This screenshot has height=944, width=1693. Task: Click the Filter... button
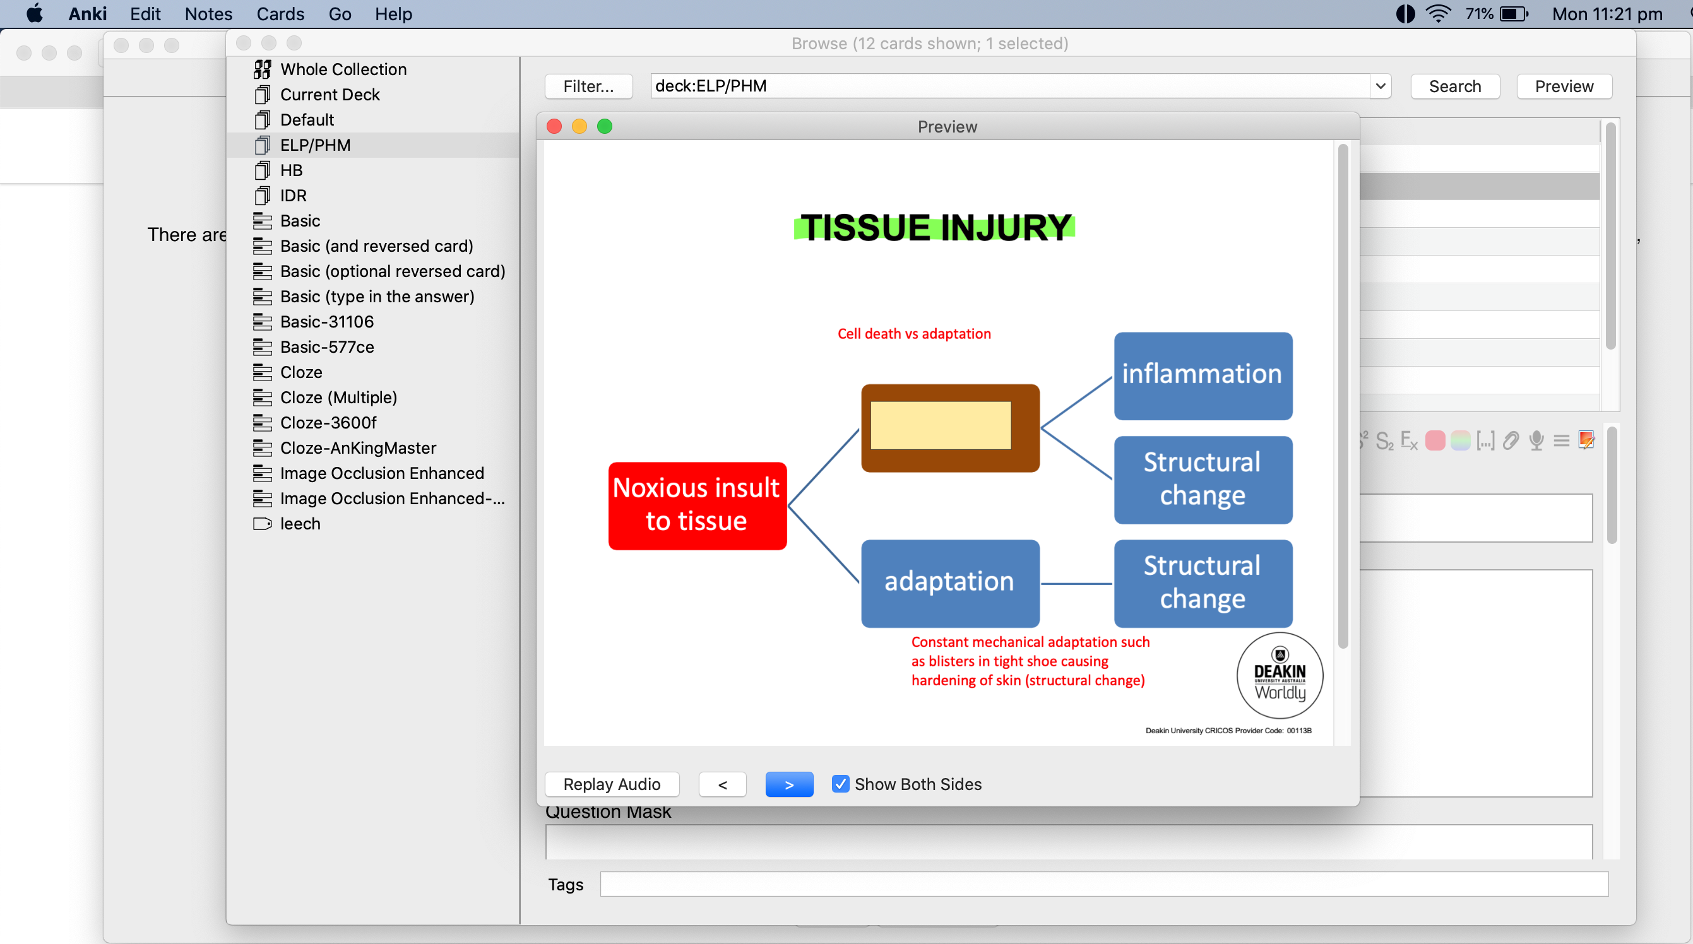click(x=588, y=86)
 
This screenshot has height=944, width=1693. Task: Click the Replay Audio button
click(x=611, y=784)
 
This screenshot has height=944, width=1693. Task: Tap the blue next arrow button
click(x=788, y=784)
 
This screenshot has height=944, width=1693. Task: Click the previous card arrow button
click(x=722, y=784)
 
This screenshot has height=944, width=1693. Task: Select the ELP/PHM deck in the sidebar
click(x=315, y=145)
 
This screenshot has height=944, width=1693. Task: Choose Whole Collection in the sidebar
click(x=342, y=69)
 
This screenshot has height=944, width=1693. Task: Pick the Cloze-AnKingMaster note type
click(x=357, y=447)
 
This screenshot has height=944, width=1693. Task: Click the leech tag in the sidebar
click(x=300, y=523)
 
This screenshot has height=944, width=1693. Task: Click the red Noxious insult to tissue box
click(x=697, y=505)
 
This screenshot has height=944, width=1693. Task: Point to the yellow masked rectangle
click(x=941, y=426)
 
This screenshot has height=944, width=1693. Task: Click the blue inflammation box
click(x=1202, y=375)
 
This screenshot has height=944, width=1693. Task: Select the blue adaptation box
click(x=949, y=582)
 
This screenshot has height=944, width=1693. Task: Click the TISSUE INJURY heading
click(x=936, y=227)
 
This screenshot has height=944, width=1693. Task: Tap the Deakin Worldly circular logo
click(x=1279, y=675)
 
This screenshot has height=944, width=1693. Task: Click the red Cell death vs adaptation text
click(x=913, y=334)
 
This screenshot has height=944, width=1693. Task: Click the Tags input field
click(x=1103, y=883)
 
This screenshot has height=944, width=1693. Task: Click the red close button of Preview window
click(x=554, y=126)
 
